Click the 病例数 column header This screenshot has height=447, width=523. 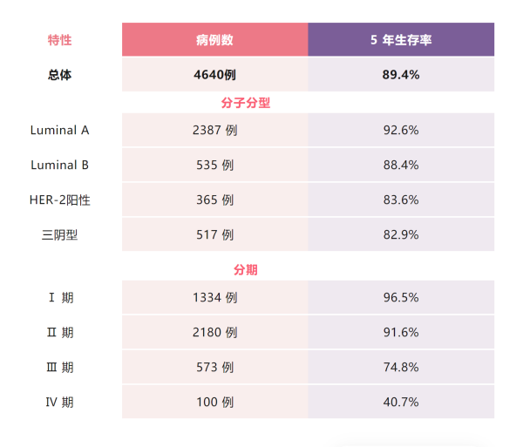tap(214, 40)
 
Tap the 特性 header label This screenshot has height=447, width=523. tap(59, 40)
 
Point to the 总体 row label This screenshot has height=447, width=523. tap(59, 75)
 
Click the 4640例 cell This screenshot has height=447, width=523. tap(214, 75)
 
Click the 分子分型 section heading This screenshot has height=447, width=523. tap(246, 103)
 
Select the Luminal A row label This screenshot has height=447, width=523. tap(59, 130)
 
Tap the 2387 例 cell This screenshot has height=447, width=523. tap(214, 130)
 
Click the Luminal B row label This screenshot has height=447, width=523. tap(59, 165)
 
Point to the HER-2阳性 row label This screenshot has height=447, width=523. tap(59, 200)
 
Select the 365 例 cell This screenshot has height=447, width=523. tap(214, 200)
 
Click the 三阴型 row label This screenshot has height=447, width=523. tap(59, 234)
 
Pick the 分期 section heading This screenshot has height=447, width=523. tap(246, 270)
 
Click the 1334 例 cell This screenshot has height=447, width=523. tap(214, 297)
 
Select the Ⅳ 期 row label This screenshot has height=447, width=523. tap(59, 402)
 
